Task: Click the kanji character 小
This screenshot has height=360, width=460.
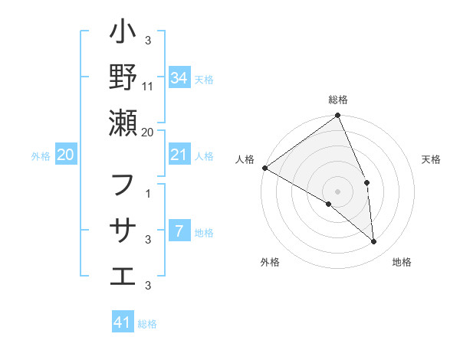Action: (123, 34)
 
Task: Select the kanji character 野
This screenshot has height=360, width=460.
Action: (123, 78)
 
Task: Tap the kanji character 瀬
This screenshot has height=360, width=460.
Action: (123, 123)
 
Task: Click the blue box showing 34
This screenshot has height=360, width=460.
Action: (179, 77)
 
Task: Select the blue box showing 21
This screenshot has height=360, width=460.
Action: (179, 155)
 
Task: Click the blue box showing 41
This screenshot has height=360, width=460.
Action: (123, 322)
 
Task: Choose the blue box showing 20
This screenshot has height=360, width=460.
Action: (66, 155)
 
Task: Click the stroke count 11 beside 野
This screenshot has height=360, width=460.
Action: (148, 87)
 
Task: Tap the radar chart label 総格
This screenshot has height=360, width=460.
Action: (338, 100)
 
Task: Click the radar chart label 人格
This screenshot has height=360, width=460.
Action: (245, 159)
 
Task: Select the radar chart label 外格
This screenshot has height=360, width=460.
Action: (269, 262)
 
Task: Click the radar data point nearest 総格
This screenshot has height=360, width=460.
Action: (338, 116)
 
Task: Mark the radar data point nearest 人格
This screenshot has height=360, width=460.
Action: (264, 168)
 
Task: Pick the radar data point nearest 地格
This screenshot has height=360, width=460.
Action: (373, 241)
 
